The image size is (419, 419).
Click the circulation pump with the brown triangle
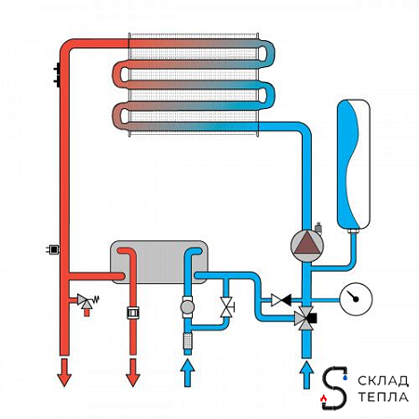[306, 246]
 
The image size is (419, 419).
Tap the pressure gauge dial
[356, 299]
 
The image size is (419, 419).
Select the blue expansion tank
[354, 165]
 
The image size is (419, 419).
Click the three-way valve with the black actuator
[305, 318]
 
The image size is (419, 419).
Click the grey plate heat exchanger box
[159, 262]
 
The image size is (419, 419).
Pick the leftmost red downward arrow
[64, 372]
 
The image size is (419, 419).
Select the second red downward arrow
[133, 372]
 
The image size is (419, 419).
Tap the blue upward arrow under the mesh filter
[187, 372]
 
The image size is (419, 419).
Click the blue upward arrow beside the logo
[306, 374]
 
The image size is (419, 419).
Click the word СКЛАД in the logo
[383, 381]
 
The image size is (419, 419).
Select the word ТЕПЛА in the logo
[384, 397]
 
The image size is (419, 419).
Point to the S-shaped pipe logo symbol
[334, 388]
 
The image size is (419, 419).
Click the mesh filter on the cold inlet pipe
[187, 341]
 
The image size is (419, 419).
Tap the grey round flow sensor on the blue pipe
[187, 307]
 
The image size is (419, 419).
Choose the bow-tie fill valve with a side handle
[226, 307]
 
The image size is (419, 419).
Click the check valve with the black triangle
[281, 300]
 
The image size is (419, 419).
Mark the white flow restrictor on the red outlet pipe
[133, 313]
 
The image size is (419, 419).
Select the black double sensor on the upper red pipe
[58, 74]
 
